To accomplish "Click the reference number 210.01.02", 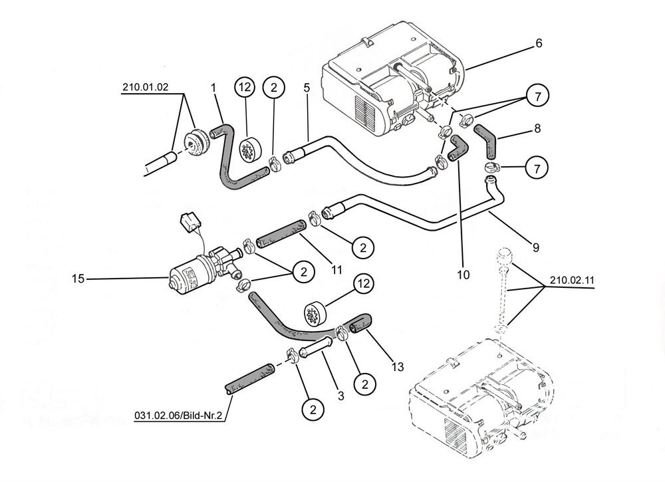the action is [146, 87].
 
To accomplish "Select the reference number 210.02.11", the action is [572, 281].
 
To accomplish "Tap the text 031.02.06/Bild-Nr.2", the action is [178, 416].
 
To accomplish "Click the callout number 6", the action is [539, 43].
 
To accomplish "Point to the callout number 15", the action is [78, 279].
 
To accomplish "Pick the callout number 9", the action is [535, 247].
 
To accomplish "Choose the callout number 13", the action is [398, 367].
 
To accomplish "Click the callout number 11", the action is [336, 270].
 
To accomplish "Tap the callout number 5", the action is [307, 88].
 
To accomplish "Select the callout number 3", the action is [340, 396].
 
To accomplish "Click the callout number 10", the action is [464, 275].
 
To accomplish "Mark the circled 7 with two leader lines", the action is [538, 96].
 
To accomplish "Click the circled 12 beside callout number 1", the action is [245, 87].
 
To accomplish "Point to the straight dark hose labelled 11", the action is [281, 234].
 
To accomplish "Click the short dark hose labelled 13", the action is [360, 323].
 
